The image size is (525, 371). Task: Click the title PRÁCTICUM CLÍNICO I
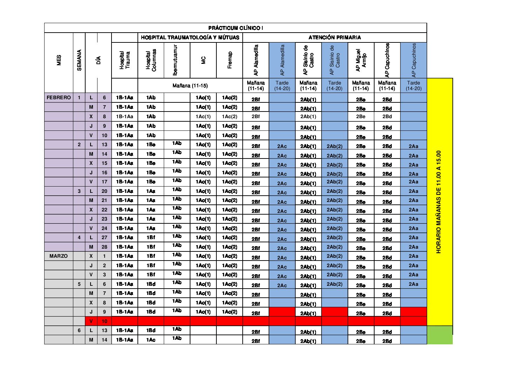(x=235, y=28)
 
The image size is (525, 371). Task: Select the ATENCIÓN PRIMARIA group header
(x=334, y=38)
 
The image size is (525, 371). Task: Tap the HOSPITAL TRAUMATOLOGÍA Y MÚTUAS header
(x=190, y=38)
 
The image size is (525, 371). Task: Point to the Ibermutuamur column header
(x=175, y=60)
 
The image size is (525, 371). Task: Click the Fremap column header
(x=230, y=60)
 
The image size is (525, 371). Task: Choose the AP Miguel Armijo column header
(x=361, y=60)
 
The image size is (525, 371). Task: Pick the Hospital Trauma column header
(x=124, y=60)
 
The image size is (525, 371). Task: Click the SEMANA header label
(x=79, y=60)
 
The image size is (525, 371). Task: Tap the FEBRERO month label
(x=59, y=97)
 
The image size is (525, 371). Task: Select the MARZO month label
(x=59, y=256)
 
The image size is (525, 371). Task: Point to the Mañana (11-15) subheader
(x=190, y=86)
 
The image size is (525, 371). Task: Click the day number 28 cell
(x=104, y=247)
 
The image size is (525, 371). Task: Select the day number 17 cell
(x=104, y=182)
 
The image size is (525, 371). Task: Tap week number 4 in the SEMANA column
(x=79, y=237)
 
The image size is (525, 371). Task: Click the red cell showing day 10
(x=104, y=321)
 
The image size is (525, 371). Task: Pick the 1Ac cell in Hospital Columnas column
(x=151, y=340)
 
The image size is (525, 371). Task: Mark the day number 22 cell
(x=104, y=210)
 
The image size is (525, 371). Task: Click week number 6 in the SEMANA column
(x=79, y=330)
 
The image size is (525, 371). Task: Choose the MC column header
(x=203, y=60)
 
